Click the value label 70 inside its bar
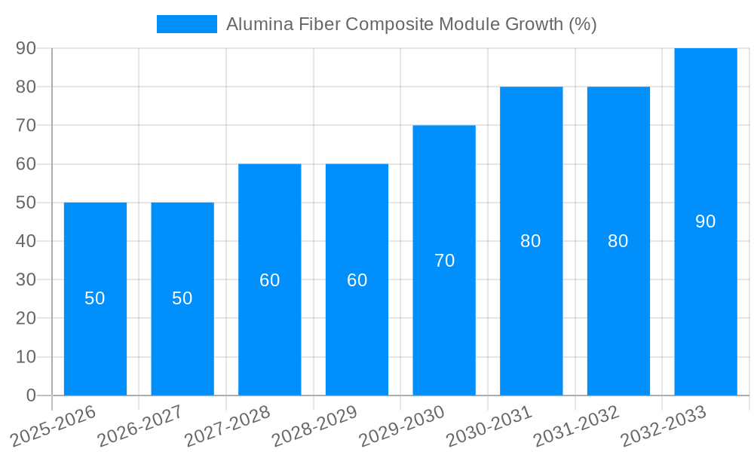[x=444, y=261]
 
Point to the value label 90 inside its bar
[x=706, y=221]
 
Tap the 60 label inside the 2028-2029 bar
[x=357, y=280]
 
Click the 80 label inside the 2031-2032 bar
[x=618, y=241]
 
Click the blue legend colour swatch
[x=186, y=24]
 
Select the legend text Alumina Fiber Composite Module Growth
[x=411, y=24]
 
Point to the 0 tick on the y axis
[x=31, y=395]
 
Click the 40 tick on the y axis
[x=26, y=241]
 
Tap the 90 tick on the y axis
[x=26, y=48]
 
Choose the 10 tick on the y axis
[x=26, y=357]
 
